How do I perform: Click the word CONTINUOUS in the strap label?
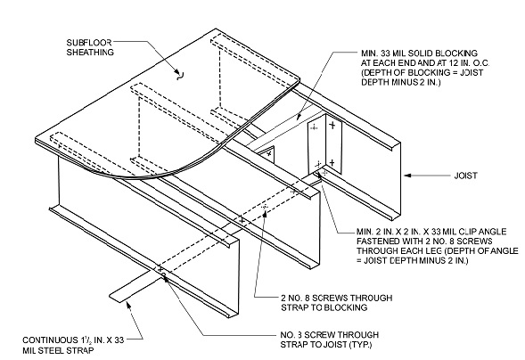point(53,340)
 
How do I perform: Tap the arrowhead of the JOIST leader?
point(406,176)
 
